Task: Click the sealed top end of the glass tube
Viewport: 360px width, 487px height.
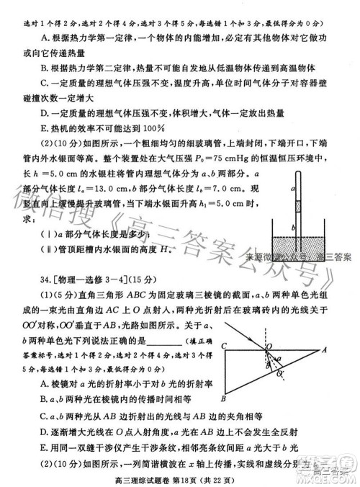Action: [x=295, y=171]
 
